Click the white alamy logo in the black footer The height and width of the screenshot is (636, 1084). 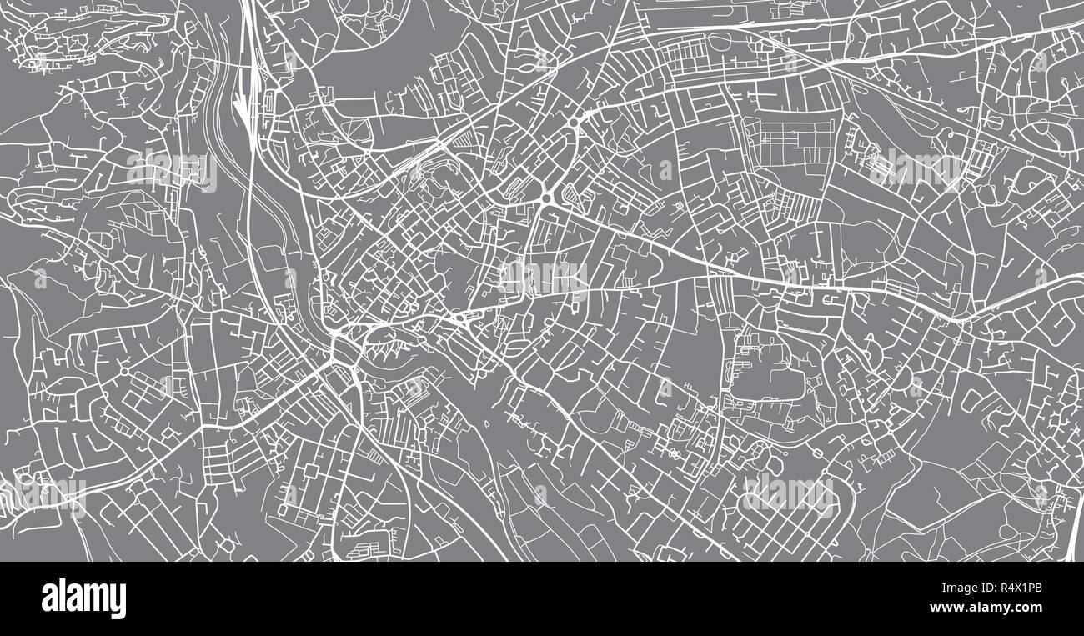[83, 598]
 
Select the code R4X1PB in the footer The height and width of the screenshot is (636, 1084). [1011, 588]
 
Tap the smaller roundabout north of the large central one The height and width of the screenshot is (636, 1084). [575, 124]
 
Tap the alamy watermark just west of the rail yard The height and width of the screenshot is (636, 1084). [173, 171]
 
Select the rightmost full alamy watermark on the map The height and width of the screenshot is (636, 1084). [915, 169]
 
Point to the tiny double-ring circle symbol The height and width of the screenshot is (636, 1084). [673, 454]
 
